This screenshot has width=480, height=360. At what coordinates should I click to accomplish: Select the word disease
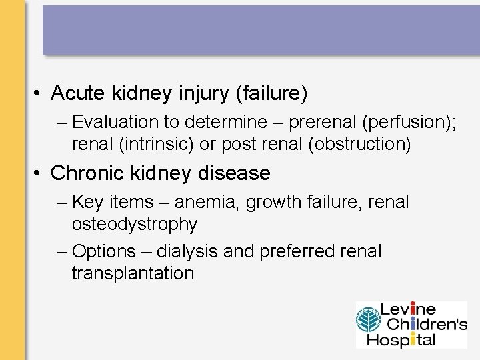234,173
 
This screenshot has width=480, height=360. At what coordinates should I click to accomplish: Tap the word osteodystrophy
135,224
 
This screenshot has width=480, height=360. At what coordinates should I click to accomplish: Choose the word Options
103,252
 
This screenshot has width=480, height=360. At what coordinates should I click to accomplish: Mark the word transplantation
133,273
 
